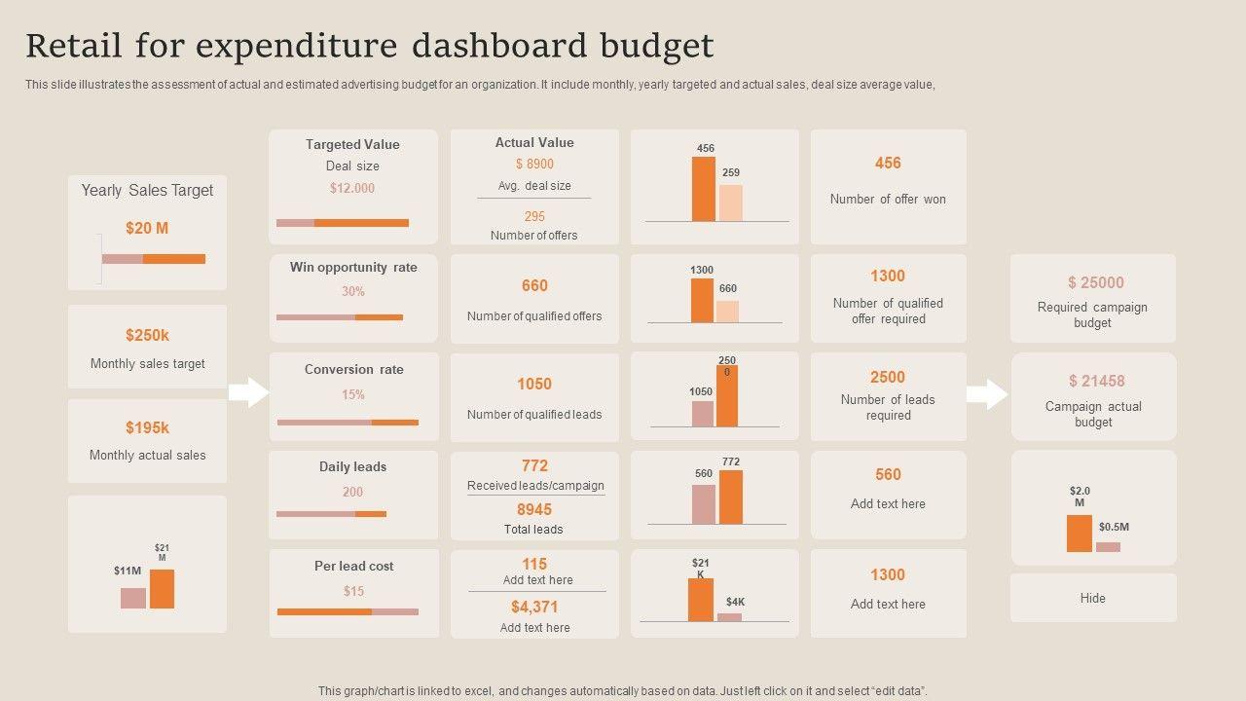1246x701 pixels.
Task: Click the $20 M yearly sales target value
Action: click(x=147, y=229)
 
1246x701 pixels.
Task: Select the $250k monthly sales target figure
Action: click(x=147, y=336)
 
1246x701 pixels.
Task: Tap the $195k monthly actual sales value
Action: click(x=147, y=427)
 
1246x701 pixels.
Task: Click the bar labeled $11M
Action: click(x=133, y=598)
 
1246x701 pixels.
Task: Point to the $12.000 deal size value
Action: click(x=352, y=188)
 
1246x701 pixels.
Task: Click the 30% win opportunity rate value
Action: click(x=352, y=291)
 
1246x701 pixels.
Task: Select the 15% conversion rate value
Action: click(x=352, y=394)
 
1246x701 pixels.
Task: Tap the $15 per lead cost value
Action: click(x=353, y=591)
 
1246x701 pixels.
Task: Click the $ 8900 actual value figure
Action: click(x=534, y=165)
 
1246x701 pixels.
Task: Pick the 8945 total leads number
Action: click(x=534, y=509)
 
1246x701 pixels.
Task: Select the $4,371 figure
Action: click(x=534, y=607)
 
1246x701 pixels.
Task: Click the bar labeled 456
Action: click(x=703, y=189)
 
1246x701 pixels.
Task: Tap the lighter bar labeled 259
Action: click(x=730, y=203)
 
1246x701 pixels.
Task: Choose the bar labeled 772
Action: click(x=731, y=497)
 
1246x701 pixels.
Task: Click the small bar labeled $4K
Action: click(x=729, y=616)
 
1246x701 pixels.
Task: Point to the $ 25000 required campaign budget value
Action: click(x=1095, y=283)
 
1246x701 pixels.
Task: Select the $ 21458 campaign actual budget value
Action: click(x=1096, y=382)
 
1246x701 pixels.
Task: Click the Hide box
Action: click(x=1092, y=598)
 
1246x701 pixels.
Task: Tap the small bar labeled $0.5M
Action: click(x=1108, y=547)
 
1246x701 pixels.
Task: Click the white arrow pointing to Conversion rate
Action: click(x=249, y=392)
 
